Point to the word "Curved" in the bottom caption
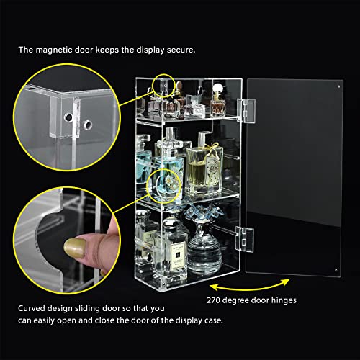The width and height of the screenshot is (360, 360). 32,307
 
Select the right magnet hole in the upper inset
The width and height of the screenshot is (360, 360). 89,123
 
